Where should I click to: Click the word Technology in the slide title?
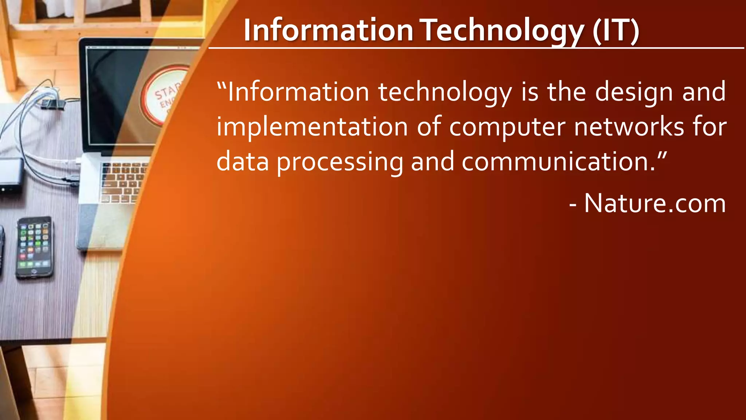(503, 31)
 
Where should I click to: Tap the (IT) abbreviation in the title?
(616, 31)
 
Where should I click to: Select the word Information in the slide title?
(328, 31)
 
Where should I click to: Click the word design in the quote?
(634, 92)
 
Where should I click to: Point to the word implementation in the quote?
(312, 127)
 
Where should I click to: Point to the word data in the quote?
(243, 162)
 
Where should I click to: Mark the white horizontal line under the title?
(474, 48)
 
